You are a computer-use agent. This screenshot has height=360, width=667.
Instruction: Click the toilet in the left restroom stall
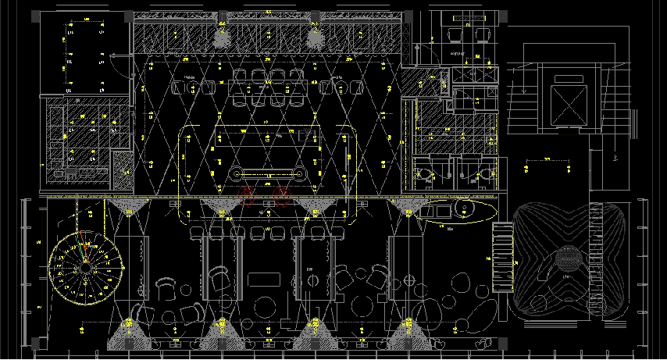coord(426,173)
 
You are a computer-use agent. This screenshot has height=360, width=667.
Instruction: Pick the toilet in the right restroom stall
coord(487,173)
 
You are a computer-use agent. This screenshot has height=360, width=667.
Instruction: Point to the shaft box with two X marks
coord(475,75)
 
